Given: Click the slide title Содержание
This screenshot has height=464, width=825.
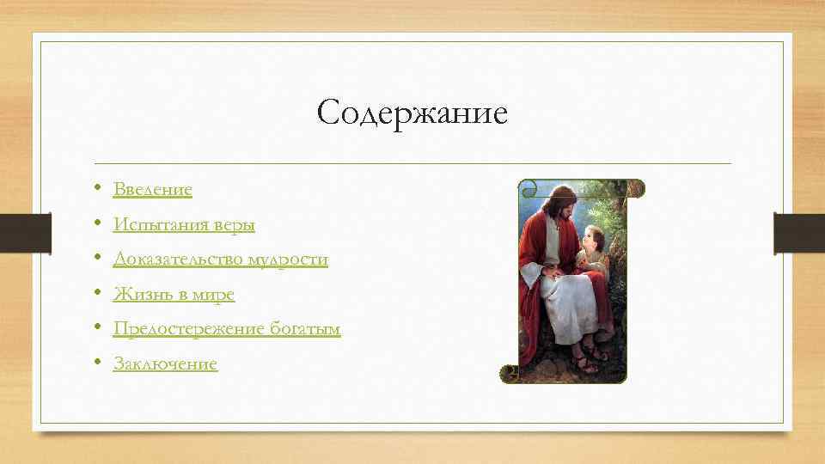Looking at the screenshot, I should point(412,113).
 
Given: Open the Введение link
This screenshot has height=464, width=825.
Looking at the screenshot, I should point(153,189).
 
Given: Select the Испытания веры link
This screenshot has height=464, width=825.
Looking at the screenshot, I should point(184,224).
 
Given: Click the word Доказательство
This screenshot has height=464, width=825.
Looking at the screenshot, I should point(178,259).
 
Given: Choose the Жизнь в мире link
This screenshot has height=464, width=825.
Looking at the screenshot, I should point(174,295).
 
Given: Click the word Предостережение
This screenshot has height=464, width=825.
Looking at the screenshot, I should point(184,330).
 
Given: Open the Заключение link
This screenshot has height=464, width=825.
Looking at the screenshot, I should point(165,364).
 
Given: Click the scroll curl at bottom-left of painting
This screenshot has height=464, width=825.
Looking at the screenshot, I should point(510,373).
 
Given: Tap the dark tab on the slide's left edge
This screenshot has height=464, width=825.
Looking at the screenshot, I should point(25,233).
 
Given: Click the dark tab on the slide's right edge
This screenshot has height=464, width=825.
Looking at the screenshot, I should point(799,233).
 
